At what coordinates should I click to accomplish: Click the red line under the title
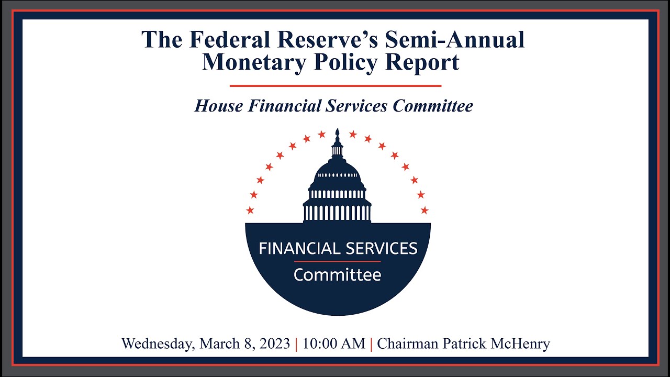[336, 86]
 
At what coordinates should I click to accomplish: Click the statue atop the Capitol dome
[338, 135]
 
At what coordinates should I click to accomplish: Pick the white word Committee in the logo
[337, 274]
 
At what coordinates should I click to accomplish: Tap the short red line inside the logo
[337, 261]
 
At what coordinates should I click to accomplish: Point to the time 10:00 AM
[333, 344]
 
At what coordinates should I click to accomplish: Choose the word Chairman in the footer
[404, 344]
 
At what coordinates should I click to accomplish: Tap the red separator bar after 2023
[296, 344]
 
